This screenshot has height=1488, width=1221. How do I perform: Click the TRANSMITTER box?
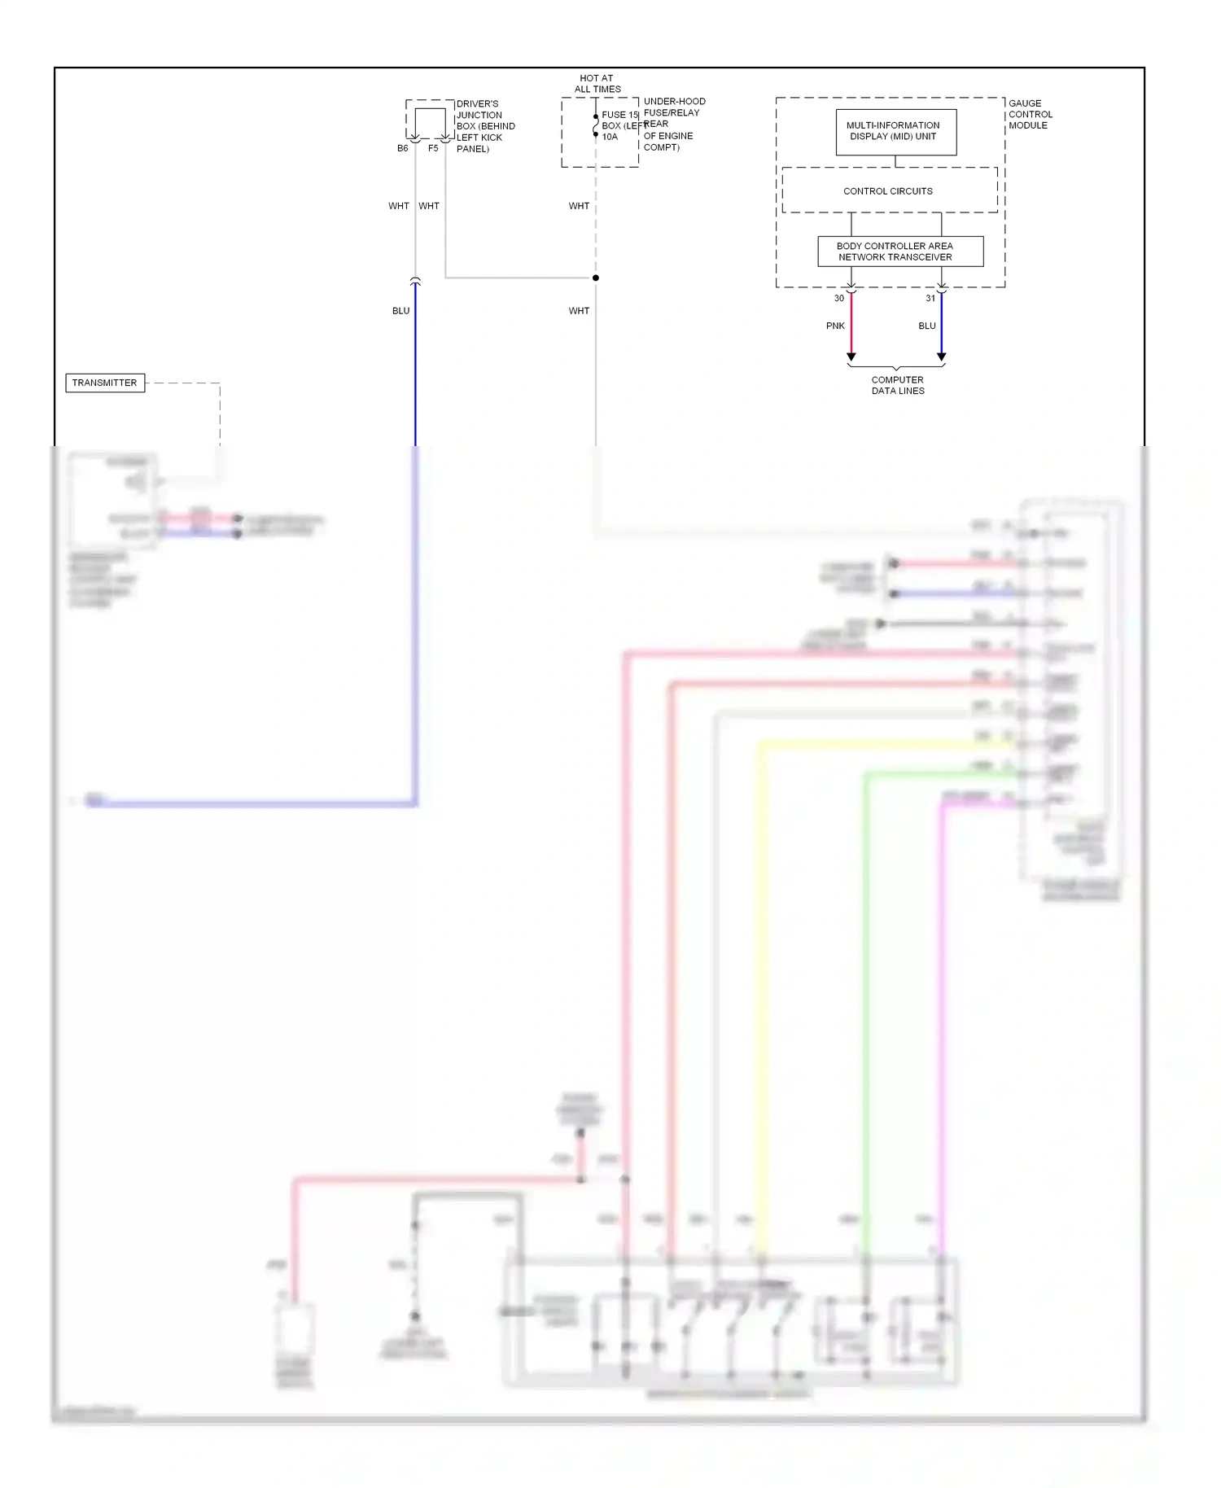point(105,383)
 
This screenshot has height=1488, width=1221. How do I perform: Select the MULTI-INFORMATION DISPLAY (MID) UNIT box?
point(895,132)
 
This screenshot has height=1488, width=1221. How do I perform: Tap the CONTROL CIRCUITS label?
point(888,191)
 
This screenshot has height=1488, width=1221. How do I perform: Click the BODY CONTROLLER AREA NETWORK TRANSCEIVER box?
point(899,252)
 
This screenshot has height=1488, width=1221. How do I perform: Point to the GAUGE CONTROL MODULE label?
point(1030,115)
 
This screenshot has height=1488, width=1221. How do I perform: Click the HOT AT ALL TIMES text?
point(597,84)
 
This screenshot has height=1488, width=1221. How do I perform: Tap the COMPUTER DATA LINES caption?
point(898,385)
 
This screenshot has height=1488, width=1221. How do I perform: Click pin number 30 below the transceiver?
point(838,299)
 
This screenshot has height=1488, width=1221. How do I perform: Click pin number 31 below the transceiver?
point(930,299)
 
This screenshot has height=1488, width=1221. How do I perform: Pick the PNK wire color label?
point(835,326)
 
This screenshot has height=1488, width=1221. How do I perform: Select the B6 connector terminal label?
point(402,149)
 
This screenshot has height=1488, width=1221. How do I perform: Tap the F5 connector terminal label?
point(433,149)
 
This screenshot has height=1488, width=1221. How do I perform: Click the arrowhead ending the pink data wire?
point(851,357)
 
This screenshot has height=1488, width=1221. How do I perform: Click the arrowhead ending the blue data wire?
point(942,357)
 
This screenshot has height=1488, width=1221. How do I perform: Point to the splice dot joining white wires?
point(596,278)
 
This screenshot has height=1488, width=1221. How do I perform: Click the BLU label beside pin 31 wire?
point(927,326)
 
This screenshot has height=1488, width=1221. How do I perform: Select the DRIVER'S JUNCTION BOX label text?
point(485,126)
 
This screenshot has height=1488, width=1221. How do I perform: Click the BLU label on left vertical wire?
point(400,311)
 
